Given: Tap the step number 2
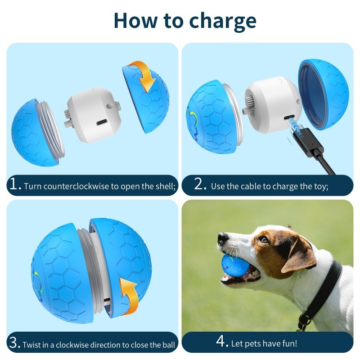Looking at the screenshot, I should (200, 184).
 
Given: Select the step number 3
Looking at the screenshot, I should (14, 343).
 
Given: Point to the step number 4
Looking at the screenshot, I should (222, 342).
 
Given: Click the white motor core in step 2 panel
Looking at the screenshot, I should (270, 101).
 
